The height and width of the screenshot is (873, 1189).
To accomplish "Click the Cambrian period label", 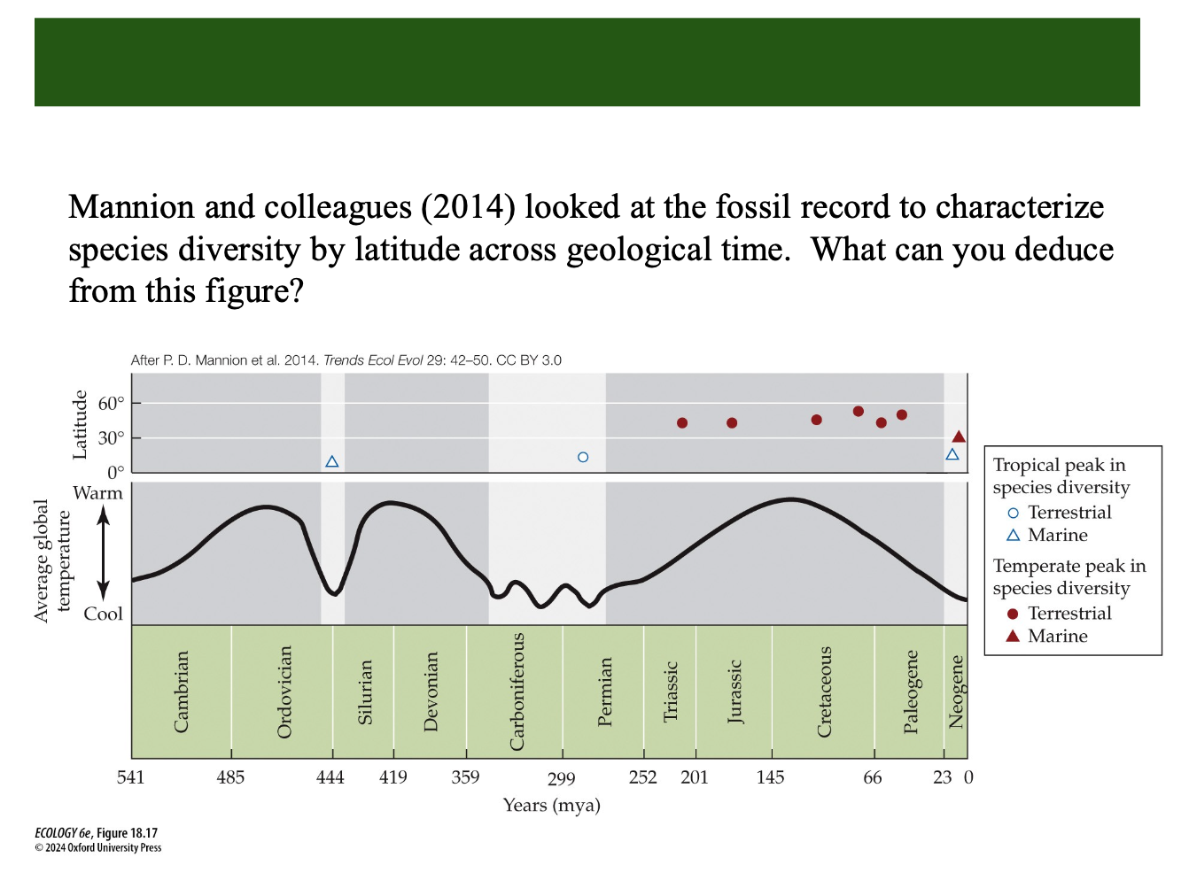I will (x=182, y=691).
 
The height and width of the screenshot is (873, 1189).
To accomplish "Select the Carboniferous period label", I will (x=517, y=691).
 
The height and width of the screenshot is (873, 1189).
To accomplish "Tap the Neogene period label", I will (x=956, y=691).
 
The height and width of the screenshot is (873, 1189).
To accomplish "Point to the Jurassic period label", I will (x=734, y=691).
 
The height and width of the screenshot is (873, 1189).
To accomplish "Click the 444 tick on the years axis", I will (x=330, y=777).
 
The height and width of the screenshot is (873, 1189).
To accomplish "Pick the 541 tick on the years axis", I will (x=130, y=777).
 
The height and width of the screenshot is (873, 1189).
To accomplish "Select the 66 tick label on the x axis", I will (x=873, y=777).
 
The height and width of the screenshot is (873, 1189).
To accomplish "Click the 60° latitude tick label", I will (x=111, y=404).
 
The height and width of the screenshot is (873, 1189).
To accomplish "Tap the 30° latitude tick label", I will (x=111, y=438).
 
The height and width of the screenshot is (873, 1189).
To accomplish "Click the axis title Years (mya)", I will (x=551, y=805).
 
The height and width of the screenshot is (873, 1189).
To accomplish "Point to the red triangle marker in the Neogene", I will (x=959, y=436).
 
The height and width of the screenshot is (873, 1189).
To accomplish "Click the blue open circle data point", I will (x=583, y=458).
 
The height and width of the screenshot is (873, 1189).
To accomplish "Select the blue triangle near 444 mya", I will (x=332, y=462).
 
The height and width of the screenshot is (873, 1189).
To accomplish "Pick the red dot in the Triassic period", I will (x=682, y=423).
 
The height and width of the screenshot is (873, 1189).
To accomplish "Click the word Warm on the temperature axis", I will (x=97, y=493).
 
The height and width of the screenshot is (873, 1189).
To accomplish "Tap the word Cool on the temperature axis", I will (x=103, y=614).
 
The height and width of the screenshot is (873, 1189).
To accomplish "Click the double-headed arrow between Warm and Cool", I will (x=104, y=553).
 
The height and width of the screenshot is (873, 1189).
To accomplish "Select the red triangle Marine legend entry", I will (x=1013, y=636).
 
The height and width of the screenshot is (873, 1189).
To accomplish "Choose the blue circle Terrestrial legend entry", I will (x=1013, y=513).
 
